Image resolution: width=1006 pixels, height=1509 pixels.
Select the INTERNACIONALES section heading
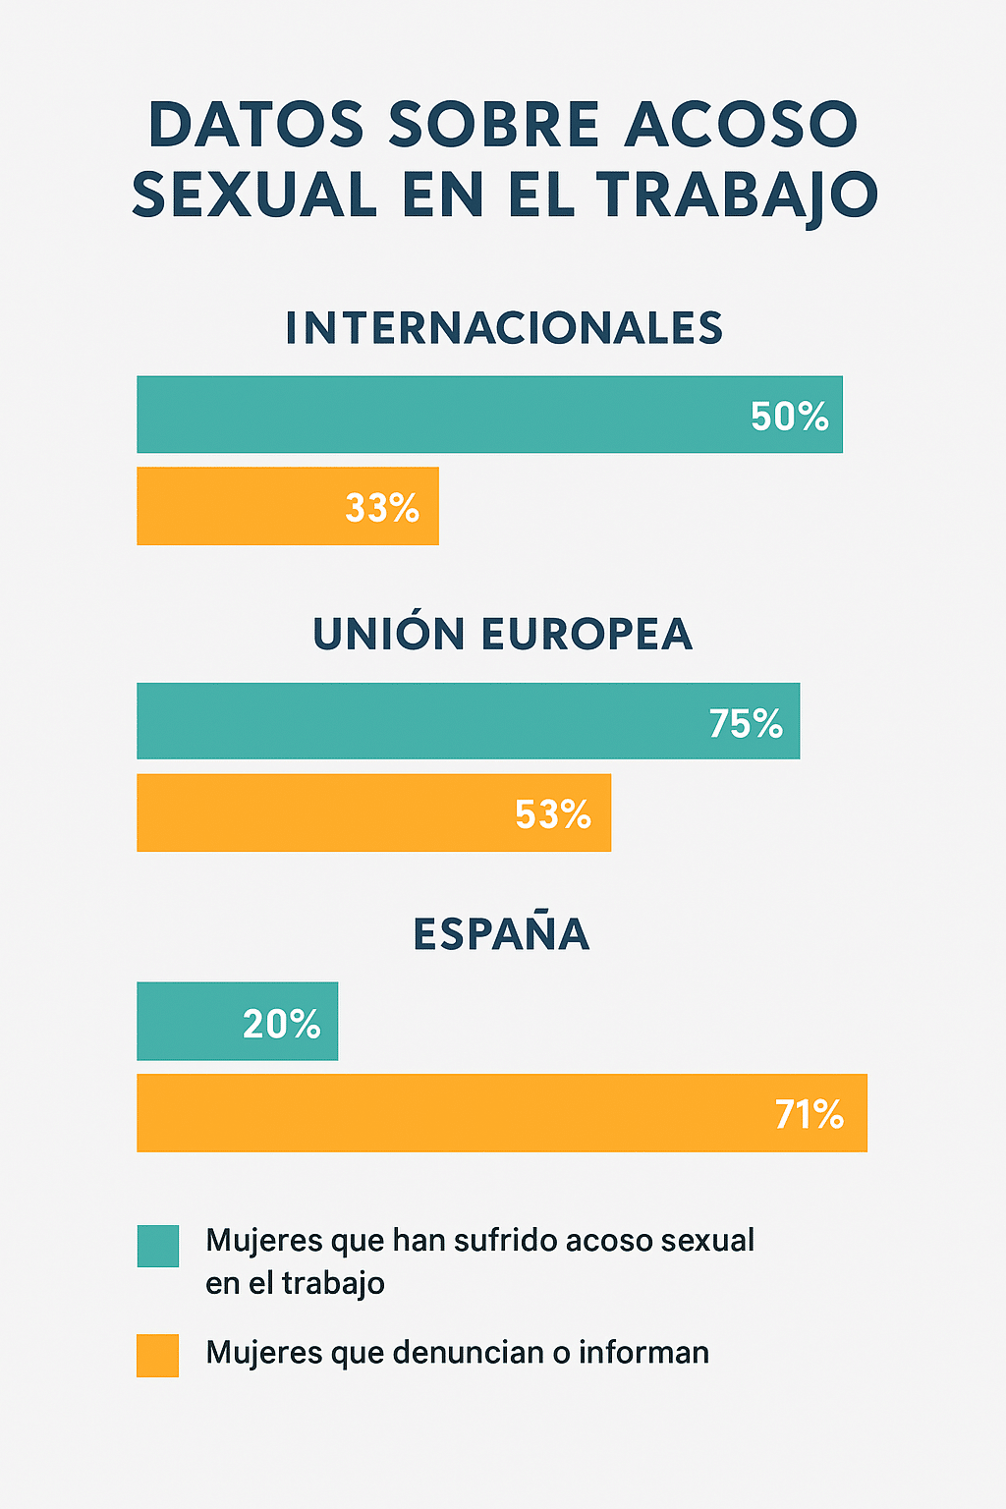pos(504,328)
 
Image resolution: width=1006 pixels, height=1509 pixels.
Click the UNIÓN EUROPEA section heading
pos(503,635)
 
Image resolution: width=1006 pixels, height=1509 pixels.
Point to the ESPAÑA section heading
pos(501,933)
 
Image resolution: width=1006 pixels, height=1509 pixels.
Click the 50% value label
pos(789,417)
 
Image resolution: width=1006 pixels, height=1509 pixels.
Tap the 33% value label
pos(382,508)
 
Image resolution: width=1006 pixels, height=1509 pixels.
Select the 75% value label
pos(746,724)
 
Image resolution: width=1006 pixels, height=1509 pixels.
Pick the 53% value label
pos(553,814)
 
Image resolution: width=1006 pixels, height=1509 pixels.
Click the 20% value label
pos(281,1025)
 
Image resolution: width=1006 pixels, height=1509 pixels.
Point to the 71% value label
pos(809,1115)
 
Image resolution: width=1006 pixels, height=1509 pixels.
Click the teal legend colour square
pos(158,1246)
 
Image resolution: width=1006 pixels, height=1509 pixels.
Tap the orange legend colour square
pos(158,1355)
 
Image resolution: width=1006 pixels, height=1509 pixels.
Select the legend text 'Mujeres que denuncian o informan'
pos(457,1353)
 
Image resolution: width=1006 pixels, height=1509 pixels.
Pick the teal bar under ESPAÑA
pos(187,1022)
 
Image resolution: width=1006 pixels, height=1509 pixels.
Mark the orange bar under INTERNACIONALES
pos(236,506)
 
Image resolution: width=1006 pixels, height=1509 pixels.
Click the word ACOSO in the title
pos(742,126)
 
